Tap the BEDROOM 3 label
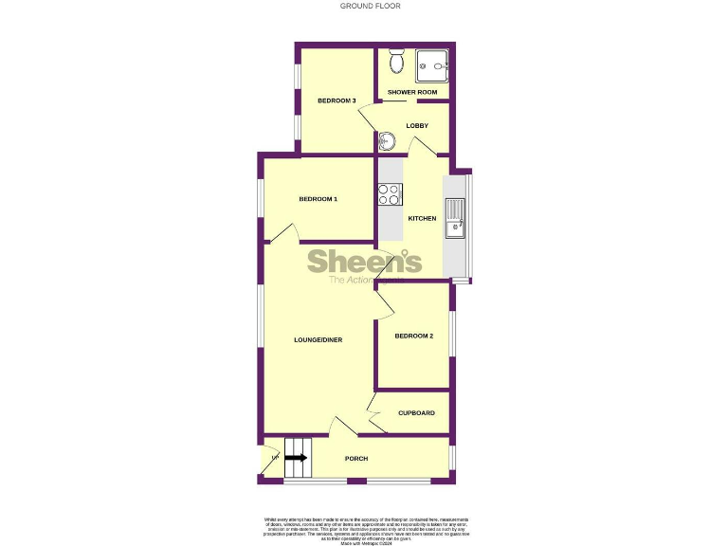(x=337, y=101)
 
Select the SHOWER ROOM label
(x=412, y=92)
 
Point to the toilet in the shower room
(x=397, y=63)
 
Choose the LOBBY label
(x=417, y=126)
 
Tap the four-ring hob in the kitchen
(x=390, y=194)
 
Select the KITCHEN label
(x=422, y=219)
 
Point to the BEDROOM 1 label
(x=318, y=199)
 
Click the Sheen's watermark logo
(x=364, y=263)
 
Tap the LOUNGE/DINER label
(x=318, y=339)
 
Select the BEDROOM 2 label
(x=414, y=337)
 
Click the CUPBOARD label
(x=416, y=413)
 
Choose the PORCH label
(x=356, y=459)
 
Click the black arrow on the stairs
(x=296, y=458)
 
